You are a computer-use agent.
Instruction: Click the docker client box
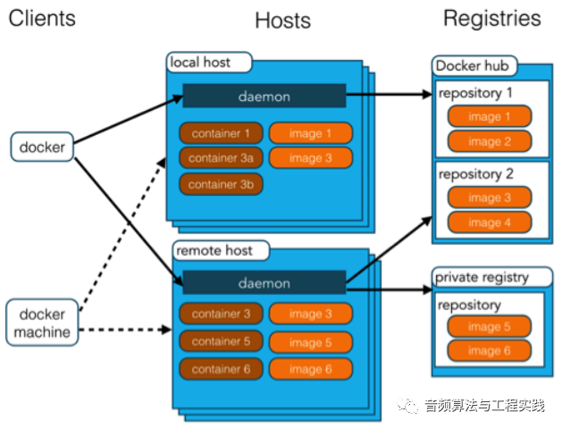[x=42, y=147]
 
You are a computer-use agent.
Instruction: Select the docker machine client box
[x=42, y=324]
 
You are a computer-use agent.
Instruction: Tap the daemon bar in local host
[x=264, y=96]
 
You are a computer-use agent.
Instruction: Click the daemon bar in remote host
[x=264, y=283]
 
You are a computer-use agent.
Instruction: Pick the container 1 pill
[x=221, y=133]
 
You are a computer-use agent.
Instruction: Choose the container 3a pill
[x=221, y=158]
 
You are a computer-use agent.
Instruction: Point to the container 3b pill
[x=221, y=184]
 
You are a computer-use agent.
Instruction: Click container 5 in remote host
[x=221, y=341]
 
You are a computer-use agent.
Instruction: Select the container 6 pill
[x=221, y=368]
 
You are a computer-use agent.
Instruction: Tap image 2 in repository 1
[x=489, y=141]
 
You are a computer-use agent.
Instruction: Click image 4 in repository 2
[x=489, y=223]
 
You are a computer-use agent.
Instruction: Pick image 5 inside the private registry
[x=489, y=327]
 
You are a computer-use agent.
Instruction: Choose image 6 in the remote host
[x=310, y=369]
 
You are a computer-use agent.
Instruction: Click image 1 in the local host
[x=310, y=133]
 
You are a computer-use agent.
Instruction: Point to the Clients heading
[x=42, y=18]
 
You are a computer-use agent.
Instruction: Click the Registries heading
[x=491, y=18]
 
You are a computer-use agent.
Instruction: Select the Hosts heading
[x=283, y=21]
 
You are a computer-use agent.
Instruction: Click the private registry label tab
[x=481, y=277]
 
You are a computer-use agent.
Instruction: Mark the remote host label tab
[x=214, y=251]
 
